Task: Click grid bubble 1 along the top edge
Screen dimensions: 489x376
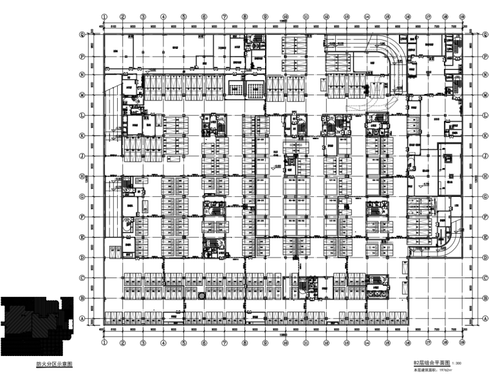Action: tap(103, 18)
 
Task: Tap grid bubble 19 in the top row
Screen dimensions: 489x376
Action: tap(463, 18)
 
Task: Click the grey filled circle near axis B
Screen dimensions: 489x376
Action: tap(202, 296)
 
